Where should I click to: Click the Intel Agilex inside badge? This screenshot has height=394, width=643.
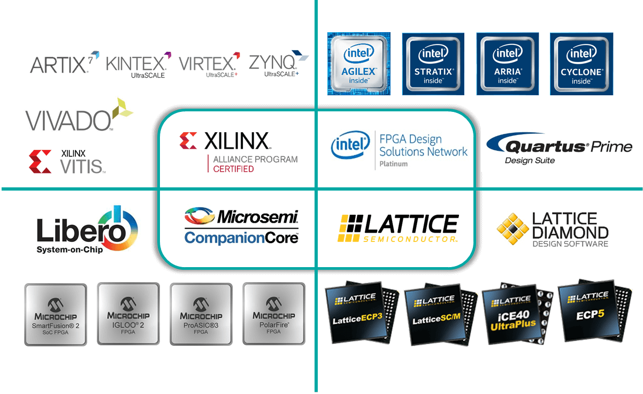[x=359, y=64]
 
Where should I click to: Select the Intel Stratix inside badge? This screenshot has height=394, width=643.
[x=433, y=64]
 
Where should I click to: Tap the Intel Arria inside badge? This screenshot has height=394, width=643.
[x=508, y=64]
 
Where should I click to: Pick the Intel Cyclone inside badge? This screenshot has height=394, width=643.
[x=581, y=64]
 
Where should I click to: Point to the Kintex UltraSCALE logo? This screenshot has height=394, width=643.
[x=139, y=65]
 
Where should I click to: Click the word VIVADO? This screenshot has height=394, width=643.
[x=68, y=120]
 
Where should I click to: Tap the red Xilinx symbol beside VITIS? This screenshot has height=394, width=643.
[x=40, y=161]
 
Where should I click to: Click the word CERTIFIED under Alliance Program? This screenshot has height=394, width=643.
[x=233, y=169]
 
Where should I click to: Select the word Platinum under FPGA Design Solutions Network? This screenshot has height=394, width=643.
[x=394, y=164]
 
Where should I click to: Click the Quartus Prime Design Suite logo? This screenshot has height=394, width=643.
[x=559, y=148]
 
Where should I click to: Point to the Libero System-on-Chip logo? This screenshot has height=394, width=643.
[x=87, y=230]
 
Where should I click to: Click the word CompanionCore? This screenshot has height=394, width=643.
[x=241, y=238]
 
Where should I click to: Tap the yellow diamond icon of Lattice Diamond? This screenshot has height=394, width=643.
[x=512, y=229]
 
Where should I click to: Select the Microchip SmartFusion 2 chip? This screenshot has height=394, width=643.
[x=56, y=314]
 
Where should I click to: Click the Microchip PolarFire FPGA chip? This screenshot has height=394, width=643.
[x=274, y=314]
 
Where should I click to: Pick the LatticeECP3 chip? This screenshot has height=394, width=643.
[x=362, y=312]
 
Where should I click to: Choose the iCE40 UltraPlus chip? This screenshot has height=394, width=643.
[x=517, y=314]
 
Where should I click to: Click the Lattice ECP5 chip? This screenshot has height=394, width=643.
[x=594, y=310]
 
